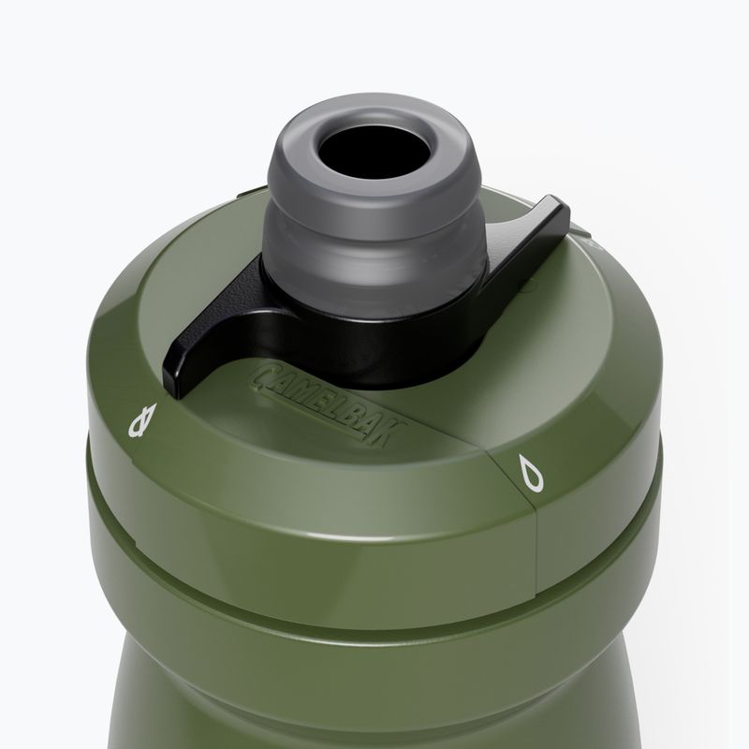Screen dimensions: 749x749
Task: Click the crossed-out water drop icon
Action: tap(143, 419)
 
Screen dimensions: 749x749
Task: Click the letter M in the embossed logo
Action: tap(303, 389)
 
